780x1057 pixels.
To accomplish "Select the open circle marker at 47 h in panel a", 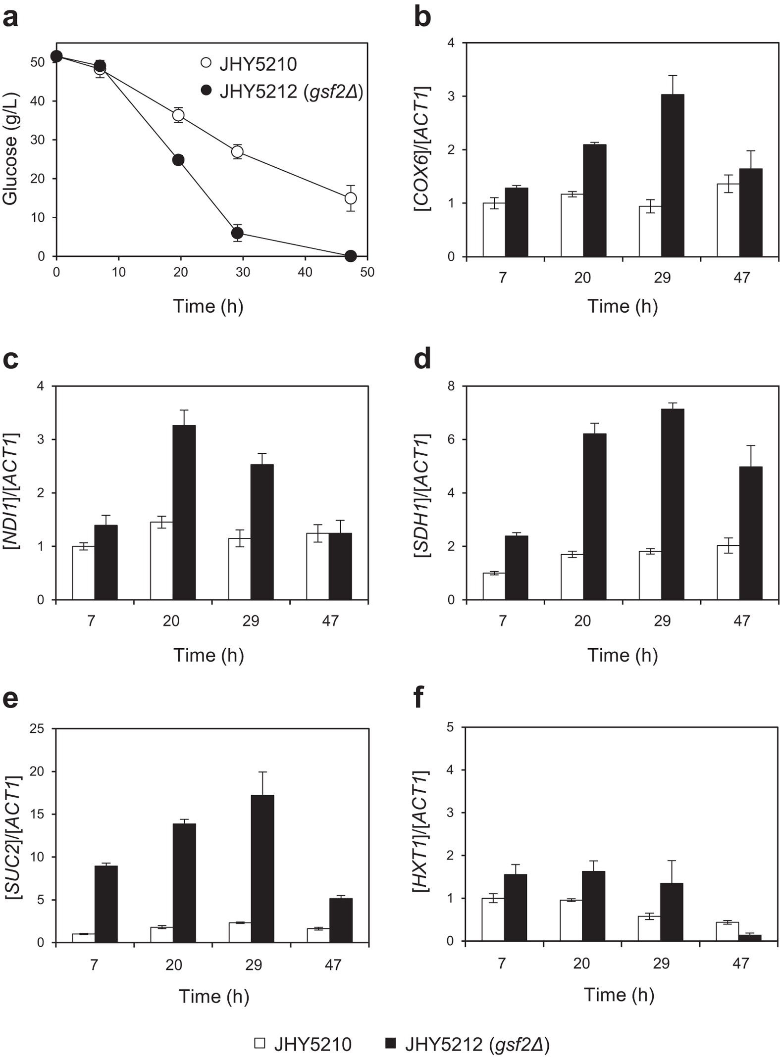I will tap(351, 198).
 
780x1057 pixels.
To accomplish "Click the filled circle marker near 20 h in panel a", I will tap(178, 160).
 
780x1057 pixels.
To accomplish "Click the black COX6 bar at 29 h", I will tap(673, 176).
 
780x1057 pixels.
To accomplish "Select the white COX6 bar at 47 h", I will tap(728, 220).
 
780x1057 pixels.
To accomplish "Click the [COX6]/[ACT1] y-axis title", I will tap(422, 148).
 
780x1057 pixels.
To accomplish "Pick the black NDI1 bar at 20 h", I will tap(184, 512).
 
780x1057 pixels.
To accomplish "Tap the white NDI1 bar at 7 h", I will tap(83, 573).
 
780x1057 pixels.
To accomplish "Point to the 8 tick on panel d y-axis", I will tap(451, 386).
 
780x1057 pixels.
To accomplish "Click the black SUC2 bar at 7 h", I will tap(106, 904).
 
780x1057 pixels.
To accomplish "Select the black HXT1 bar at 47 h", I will tap(750, 938).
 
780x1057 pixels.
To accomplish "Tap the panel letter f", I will tap(419, 697).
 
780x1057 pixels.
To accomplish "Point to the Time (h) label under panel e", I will tap(214, 996).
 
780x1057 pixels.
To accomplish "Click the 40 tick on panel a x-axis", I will tap(305, 272).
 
